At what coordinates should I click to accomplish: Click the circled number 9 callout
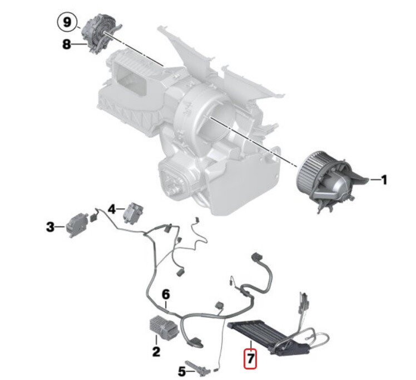(x=67, y=23)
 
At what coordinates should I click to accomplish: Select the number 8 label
(x=67, y=45)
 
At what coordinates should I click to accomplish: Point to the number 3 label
(x=50, y=227)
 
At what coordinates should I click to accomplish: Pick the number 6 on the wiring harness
(x=165, y=294)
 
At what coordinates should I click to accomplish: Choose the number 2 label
(x=156, y=351)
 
